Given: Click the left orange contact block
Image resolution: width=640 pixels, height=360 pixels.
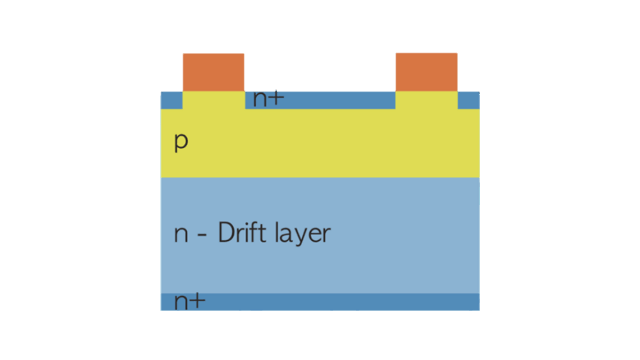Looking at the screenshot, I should point(213,72).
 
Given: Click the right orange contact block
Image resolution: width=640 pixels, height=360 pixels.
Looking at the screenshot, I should point(426,71).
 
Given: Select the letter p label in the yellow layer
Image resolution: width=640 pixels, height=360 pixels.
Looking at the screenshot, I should point(181,141).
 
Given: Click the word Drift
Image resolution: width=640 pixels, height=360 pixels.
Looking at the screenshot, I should point(242,232).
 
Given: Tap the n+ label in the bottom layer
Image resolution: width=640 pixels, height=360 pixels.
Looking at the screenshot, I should point(189,301).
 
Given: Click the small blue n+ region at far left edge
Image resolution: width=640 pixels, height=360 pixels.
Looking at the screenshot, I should point(171,100).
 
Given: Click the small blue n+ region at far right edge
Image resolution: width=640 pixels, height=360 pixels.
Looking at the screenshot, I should point(469,100).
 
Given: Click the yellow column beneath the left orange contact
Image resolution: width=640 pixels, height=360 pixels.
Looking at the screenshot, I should point(213,100).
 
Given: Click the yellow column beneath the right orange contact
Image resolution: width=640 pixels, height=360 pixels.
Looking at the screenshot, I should point(426,100).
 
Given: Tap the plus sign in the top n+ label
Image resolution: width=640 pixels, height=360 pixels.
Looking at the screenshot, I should point(277,98).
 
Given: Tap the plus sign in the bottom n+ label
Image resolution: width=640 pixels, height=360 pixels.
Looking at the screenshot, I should point(198,301).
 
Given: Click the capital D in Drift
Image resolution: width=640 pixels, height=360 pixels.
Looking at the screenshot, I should point(225,232).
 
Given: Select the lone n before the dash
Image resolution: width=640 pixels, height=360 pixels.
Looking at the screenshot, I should point(181,234).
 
